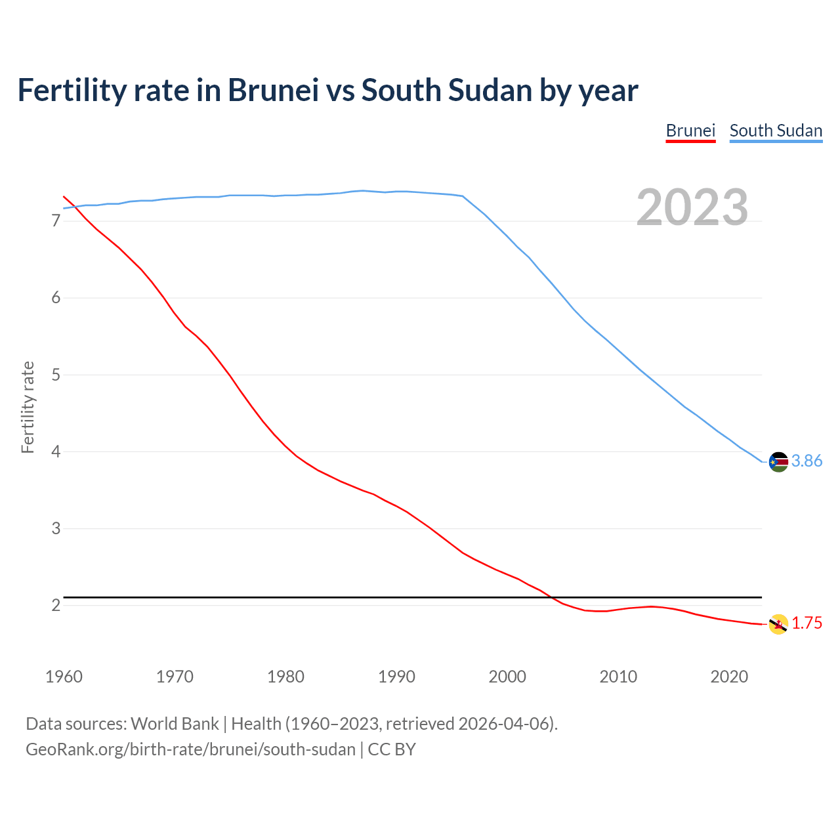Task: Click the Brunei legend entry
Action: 690,131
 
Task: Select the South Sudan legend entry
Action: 776,131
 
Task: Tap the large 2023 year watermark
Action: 692,207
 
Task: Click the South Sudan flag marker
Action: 778,462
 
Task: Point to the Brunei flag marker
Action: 778,624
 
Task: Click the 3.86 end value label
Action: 807,461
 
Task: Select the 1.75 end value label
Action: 807,623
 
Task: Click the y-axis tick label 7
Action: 56,221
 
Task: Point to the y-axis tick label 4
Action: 56,451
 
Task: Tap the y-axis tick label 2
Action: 56,605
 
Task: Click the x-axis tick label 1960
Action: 64,677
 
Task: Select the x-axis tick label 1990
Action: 396,677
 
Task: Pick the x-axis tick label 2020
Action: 729,677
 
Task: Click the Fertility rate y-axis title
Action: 28,407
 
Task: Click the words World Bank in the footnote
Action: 175,724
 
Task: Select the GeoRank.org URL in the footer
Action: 190,749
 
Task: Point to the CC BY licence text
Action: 392,749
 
